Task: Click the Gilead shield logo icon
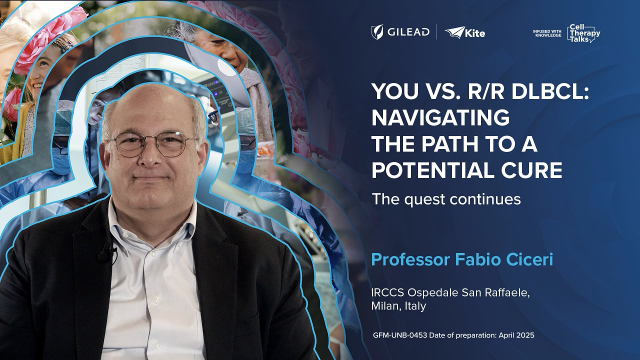(x=377, y=32)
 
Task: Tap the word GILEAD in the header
(x=408, y=32)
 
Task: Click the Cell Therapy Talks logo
(x=583, y=33)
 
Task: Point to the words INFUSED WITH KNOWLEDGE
(x=547, y=33)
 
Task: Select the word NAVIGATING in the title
(x=440, y=118)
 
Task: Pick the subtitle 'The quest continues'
(x=446, y=199)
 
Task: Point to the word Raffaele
(x=506, y=292)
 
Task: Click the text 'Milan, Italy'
(x=398, y=306)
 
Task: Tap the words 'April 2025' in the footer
(x=516, y=335)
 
